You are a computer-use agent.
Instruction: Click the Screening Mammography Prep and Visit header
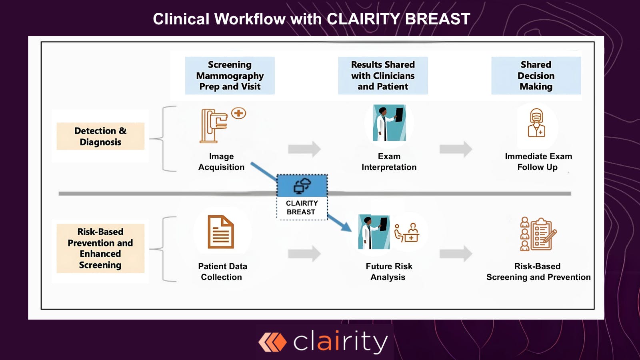230,76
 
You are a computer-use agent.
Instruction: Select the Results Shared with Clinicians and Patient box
383,76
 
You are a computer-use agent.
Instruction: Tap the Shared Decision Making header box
536,76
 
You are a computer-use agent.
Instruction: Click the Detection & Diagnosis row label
100,136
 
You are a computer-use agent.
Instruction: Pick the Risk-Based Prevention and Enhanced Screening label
100,248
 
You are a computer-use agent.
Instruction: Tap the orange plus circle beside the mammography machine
239,113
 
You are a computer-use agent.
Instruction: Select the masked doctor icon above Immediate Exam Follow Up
536,123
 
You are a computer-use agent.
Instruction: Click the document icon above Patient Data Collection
220,232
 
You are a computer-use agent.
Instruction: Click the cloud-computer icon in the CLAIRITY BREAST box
302,186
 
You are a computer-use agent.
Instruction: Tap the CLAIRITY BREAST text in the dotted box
302,208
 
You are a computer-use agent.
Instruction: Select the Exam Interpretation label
389,162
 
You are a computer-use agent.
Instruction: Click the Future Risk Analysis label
389,272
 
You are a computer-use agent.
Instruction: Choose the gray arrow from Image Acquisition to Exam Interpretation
304,149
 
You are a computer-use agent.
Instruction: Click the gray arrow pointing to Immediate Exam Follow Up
456,149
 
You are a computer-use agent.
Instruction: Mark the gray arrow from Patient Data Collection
304,253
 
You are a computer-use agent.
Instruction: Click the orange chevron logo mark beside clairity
272,342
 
